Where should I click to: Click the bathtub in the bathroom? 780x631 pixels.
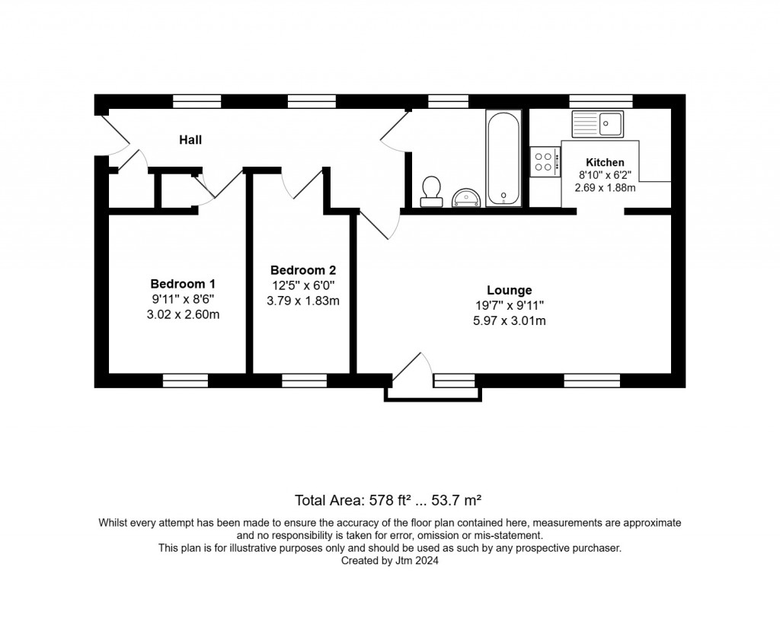(x=503, y=158)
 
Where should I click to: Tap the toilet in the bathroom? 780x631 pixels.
(x=431, y=190)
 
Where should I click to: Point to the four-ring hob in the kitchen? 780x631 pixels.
(x=545, y=161)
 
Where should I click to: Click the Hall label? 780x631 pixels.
(x=190, y=139)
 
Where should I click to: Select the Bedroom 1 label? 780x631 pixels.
(x=183, y=283)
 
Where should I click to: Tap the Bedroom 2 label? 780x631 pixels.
(x=303, y=270)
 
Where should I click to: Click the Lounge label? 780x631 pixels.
(x=509, y=290)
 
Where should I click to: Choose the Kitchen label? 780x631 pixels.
(x=605, y=162)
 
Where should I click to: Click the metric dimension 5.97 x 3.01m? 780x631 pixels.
(x=509, y=320)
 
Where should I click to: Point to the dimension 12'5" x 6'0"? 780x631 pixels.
(x=303, y=285)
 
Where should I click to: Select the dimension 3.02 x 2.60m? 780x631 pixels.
(x=183, y=314)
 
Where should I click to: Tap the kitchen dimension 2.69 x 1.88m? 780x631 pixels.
(x=605, y=187)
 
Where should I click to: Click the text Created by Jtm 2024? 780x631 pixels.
(x=389, y=560)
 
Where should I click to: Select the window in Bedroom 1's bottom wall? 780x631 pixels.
(x=185, y=381)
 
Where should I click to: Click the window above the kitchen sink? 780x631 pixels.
(x=600, y=101)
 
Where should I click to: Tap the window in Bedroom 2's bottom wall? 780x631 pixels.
(x=304, y=381)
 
